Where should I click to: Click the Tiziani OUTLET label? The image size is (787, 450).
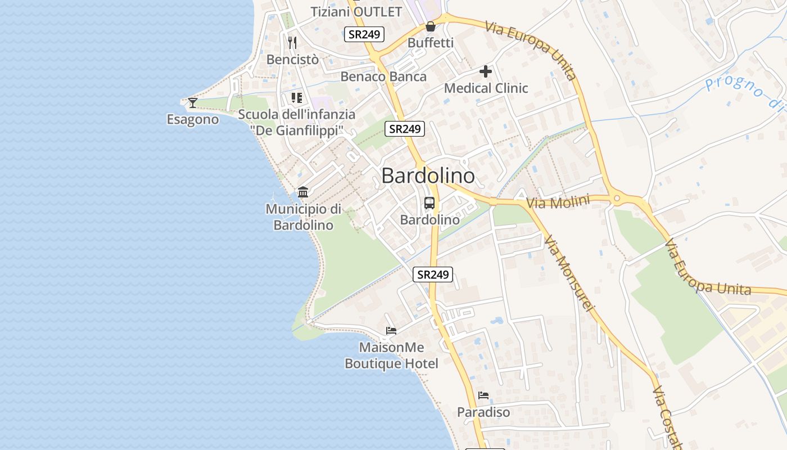point(356,12)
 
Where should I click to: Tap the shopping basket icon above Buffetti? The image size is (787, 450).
point(430,26)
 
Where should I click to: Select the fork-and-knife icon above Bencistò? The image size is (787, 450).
point(292,42)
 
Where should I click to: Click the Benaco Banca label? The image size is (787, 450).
point(383,76)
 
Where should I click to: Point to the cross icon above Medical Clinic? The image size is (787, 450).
point(486,71)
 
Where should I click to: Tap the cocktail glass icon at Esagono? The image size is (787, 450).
point(193,102)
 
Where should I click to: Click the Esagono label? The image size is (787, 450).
point(193,119)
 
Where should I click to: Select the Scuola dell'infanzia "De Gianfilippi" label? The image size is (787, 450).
point(297,122)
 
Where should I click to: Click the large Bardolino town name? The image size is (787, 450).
point(428,176)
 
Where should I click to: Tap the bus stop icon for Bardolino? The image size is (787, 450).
point(429,203)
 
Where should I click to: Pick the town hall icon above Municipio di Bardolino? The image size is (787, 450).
point(303,192)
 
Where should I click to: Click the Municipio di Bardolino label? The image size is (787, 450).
point(304,217)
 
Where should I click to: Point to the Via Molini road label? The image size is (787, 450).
point(558,202)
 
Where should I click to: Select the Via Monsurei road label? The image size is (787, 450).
point(569,273)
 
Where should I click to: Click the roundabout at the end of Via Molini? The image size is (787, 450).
point(617,198)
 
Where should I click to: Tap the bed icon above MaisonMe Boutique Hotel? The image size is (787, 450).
point(391,331)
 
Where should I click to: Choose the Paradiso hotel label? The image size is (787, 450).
point(483,412)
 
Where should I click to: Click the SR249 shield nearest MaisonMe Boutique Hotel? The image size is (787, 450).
point(432,274)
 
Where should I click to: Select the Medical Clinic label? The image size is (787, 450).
point(486,88)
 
